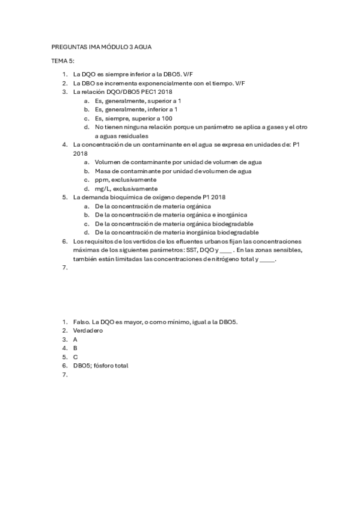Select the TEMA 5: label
click(x=63, y=61)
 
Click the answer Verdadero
click(x=88, y=331)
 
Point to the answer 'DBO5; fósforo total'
click(x=101, y=365)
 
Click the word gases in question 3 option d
click(x=270, y=127)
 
